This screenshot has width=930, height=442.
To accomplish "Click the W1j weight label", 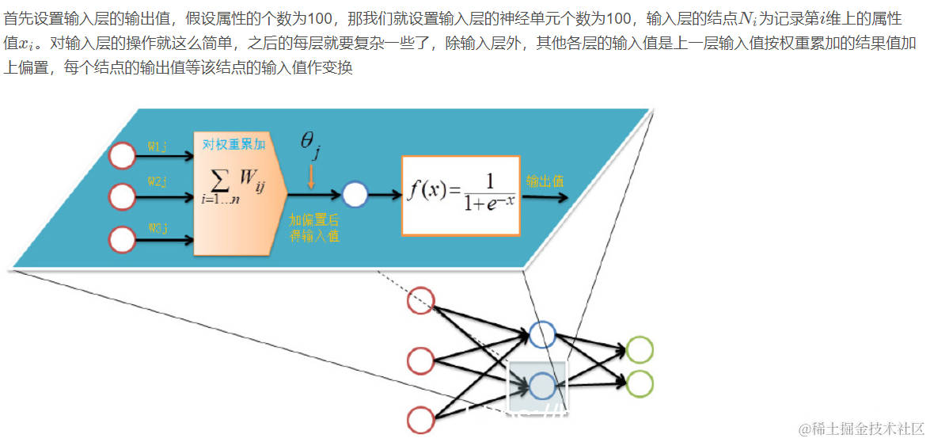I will point(158,147).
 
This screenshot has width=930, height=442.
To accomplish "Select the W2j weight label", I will point(158,182).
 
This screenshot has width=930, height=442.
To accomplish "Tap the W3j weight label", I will point(158,228).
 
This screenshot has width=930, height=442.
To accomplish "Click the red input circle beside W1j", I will point(122,155).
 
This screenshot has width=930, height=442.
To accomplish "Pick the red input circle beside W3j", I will point(122,238).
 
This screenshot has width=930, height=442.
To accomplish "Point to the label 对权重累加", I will point(233,144).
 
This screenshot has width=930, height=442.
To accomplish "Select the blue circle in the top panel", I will point(355,194).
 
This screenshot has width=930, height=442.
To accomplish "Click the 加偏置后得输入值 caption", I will point(313,227).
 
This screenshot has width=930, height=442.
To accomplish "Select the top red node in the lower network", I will point(420,301).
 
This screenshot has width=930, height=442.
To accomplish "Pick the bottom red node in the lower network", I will point(420,418).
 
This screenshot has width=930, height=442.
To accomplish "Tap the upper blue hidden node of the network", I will point(542,334).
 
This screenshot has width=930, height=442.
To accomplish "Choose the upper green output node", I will point(640,349).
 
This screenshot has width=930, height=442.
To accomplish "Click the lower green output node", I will point(640,383).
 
